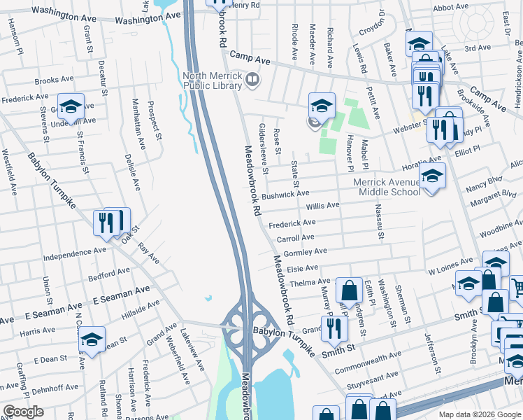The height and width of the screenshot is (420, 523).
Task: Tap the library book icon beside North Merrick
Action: pyautogui.click(x=252, y=81)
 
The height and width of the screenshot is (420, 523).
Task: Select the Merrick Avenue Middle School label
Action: pyautogui.click(x=387, y=187)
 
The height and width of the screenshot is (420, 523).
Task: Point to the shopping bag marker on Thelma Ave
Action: pyautogui.click(x=348, y=290)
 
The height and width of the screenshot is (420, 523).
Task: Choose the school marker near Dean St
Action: pyautogui.click(x=92, y=339)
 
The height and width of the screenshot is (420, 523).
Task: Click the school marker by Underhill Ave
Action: pyautogui.click(x=71, y=107)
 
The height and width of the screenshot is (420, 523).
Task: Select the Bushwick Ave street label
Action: pyautogui.click(x=285, y=193)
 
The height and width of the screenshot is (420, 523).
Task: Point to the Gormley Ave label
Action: pyautogui.click(x=306, y=252)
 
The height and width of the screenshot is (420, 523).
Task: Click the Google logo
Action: pyautogui.click(x=22, y=412)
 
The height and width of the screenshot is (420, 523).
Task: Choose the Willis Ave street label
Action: pyautogui.click(x=322, y=206)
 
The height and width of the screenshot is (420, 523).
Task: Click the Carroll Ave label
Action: pyautogui.click(x=296, y=238)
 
